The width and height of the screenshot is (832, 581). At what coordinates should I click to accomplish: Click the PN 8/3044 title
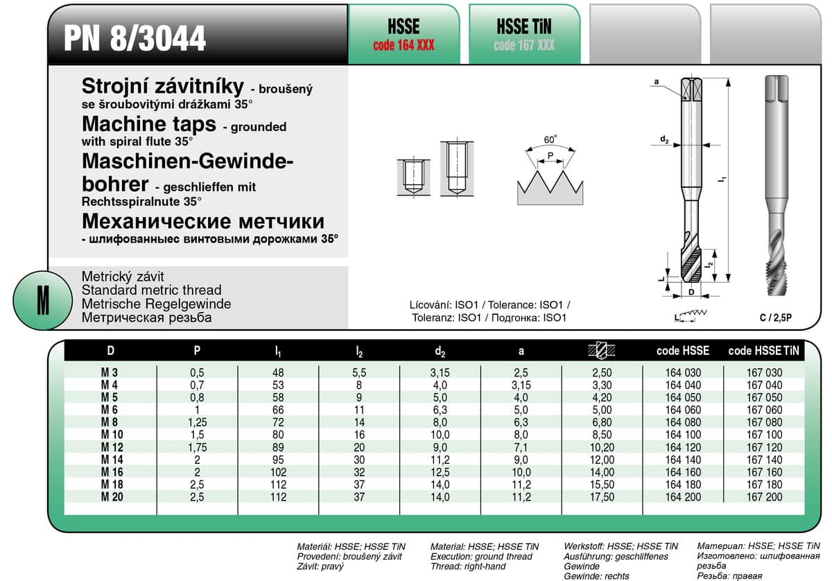click(135, 38)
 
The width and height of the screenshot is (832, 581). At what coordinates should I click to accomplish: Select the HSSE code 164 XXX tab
click(404, 35)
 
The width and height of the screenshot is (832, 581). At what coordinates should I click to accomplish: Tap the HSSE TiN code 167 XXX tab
click(524, 35)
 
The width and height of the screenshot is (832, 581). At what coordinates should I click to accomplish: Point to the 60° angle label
click(551, 139)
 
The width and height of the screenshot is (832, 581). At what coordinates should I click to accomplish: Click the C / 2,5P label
click(775, 318)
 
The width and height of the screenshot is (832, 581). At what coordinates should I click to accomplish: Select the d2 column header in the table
click(440, 352)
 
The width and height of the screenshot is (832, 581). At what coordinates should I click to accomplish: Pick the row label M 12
click(111, 448)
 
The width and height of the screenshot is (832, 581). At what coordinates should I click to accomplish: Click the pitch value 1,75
click(198, 448)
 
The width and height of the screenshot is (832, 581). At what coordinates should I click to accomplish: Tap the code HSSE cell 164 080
click(683, 423)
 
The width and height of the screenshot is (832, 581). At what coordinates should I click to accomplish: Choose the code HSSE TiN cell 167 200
click(764, 497)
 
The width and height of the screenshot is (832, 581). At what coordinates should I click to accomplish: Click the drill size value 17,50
click(600, 497)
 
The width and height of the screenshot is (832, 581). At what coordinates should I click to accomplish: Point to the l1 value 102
click(278, 472)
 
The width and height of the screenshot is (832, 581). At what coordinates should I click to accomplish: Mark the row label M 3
click(109, 373)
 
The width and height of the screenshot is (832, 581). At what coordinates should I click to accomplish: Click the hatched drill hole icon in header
click(600, 351)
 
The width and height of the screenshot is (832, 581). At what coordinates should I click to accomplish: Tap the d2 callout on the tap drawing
click(664, 141)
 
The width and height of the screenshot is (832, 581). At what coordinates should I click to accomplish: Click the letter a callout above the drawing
click(656, 83)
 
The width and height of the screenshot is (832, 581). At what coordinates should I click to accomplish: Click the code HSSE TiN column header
click(764, 352)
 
